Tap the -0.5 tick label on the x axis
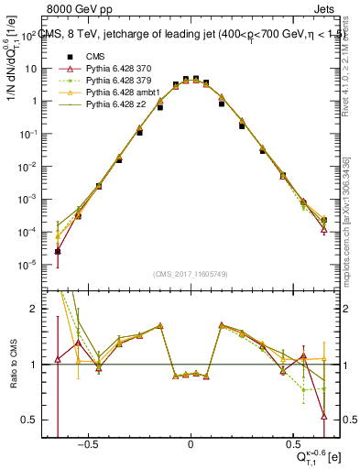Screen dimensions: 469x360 (x=86, y=443)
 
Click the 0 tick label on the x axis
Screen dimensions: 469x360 (x=191, y=443)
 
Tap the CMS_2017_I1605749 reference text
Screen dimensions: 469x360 (x=191, y=274)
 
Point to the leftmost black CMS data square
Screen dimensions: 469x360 (x=58, y=251)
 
